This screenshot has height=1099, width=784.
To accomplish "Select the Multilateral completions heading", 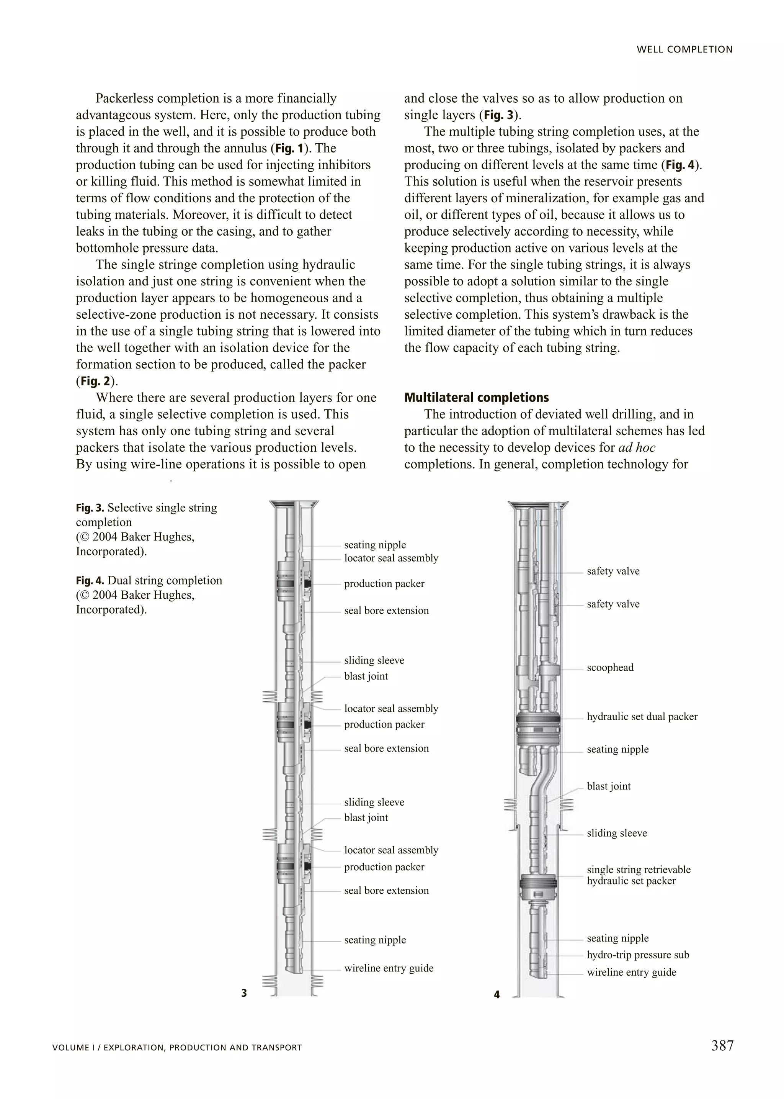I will coord(477,398).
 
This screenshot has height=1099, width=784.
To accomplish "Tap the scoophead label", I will coord(610,668).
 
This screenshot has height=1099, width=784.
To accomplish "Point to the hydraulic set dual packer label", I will coord(642,717).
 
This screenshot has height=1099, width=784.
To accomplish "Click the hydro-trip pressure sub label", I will coord(638,955).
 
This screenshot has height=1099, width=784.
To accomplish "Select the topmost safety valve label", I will coord(612,571).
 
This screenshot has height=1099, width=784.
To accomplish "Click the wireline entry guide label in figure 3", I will coord(389,968).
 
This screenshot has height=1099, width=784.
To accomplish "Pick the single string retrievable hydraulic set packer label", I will coord(638,875).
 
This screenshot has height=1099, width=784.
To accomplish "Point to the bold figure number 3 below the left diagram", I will coord(244,993).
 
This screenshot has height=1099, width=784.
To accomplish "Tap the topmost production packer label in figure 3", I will coord(384,583).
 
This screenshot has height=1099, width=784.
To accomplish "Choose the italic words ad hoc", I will coord(636,448).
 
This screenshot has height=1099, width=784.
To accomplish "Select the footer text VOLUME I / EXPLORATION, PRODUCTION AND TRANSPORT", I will coord(177,1048).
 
